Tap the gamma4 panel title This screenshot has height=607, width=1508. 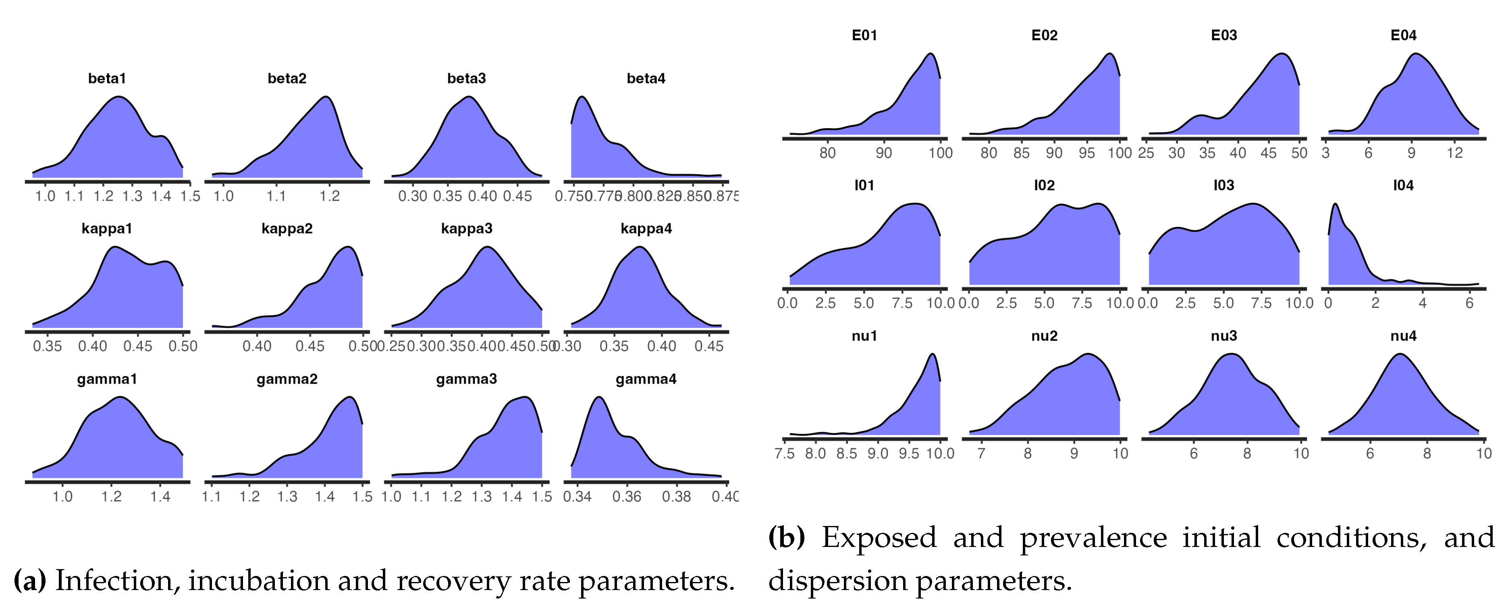(646, 379)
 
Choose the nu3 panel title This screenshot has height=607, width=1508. (1223, 336)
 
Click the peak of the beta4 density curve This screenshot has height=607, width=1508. (582, 97)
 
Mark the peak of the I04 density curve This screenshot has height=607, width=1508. (1335, 204)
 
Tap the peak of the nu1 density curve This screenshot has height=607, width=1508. (933, 354)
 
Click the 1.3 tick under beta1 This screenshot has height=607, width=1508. (132, 196)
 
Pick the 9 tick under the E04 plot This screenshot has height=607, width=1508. (1411, 153)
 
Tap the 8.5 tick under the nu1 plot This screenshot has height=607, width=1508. (847, 454)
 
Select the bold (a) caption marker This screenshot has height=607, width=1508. (29, 581)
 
